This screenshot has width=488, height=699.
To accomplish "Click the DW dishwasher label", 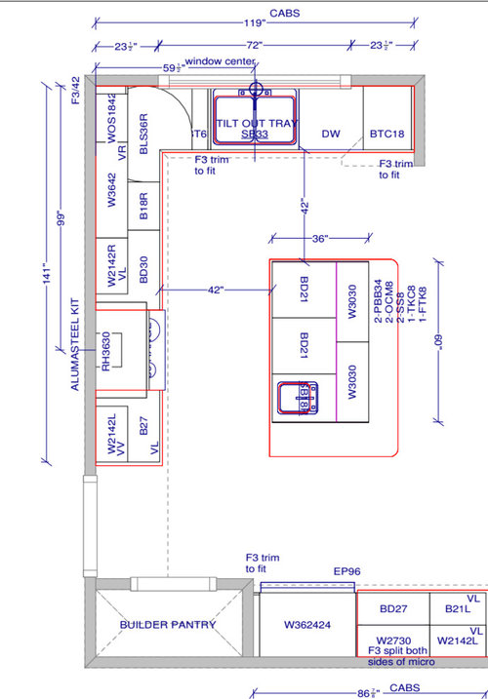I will click(330, 134).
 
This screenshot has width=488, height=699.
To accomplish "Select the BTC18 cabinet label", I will click(386, 134).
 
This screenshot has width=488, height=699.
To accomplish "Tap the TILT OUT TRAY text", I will click(257, 126).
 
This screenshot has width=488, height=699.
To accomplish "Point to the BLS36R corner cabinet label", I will click(142, 132).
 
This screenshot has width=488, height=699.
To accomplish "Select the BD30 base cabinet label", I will click(142, 269).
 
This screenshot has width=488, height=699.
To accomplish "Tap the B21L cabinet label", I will click(458, 608).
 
